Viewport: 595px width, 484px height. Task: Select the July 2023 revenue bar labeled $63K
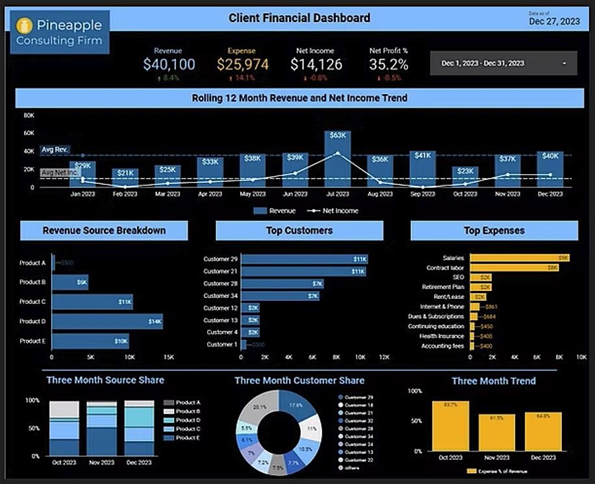pyautogui.click(x=337, y=160)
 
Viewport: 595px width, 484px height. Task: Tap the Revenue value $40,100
pyautogui.click(x=169, y=64)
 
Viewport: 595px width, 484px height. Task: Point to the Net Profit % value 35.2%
pyautogui.click(x=388, y=64)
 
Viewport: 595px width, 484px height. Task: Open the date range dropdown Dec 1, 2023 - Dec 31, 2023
pyautogui.click(x=503, y=64)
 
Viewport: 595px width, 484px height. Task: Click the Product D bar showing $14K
pyautogui.click(x=107, y=321)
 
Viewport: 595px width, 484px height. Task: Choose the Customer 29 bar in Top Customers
pyautogui.click(x=304, y=259)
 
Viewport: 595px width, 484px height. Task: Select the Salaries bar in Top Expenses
pyautogui.click(x=520, y=258)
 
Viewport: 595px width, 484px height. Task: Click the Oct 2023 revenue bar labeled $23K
pyautogui.click(x=464, y=177)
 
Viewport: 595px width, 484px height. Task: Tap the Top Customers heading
pyautogui.click(x=299, y=231)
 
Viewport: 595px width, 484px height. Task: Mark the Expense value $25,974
pyautogui.click(x=242, y=64)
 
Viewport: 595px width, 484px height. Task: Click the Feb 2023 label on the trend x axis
pyautogui.click(x=125, y=194)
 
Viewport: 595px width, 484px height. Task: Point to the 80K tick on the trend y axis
pyautogui.click(x=29, y=116)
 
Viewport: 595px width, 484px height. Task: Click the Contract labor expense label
pyautogui.click(x=446, y=268)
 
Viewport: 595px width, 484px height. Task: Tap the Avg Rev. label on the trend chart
pyautogui.click(x=55, y=150)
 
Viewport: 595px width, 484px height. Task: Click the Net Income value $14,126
pyautogui.click(x=316, y=64)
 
